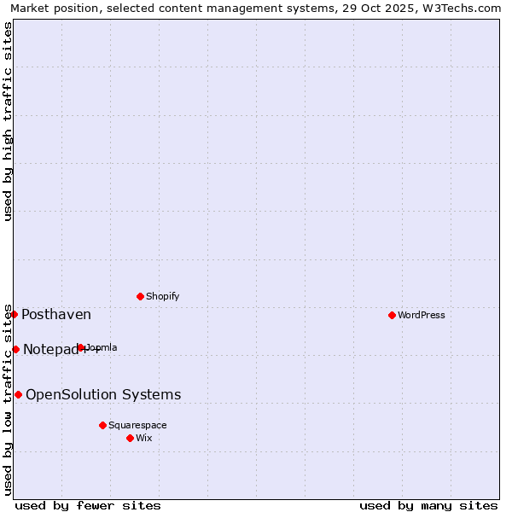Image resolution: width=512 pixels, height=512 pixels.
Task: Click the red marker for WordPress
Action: click(392, 315)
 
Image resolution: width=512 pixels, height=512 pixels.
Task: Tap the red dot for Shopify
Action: click(140, 296)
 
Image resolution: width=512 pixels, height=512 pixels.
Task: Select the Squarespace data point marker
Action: click(102, 425)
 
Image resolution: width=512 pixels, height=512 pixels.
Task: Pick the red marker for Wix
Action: click(130, 438)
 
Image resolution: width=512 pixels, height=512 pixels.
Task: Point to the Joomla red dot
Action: click(81, 347)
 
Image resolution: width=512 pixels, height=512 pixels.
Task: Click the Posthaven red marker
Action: click(14, 314)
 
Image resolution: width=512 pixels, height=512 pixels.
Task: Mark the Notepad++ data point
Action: click(15, 349)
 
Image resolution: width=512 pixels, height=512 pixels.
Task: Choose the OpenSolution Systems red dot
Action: click(18, 394)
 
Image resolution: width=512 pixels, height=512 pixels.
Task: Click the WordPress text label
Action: click(422, 315)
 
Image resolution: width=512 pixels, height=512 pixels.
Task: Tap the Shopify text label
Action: click(162, 296)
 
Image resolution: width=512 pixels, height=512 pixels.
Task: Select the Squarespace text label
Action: click(137, 425)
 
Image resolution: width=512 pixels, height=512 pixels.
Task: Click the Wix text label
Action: click(144, 438)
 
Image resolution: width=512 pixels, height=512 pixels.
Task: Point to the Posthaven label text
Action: click(56, 315)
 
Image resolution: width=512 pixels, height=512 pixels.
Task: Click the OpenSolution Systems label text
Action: click(103, 394)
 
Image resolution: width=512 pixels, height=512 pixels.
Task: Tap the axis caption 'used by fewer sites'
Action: click(88, 505)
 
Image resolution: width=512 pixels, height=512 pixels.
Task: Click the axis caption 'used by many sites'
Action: click(428, 505)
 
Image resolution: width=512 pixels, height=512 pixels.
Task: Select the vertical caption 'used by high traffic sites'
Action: click(9, 121)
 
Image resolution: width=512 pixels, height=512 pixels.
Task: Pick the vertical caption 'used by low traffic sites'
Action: click(9, 399)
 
